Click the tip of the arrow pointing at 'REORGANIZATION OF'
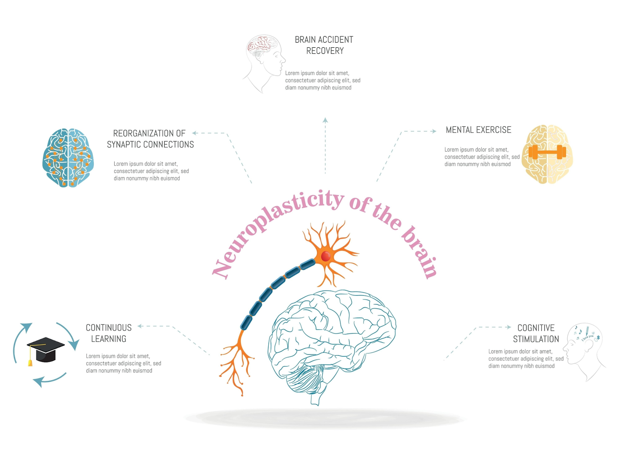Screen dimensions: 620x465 click(x=192, y=133)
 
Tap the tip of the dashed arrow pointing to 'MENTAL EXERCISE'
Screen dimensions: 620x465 click(x=436, y=131)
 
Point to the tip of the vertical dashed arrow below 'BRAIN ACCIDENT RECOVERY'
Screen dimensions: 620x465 click(x=325, y=117)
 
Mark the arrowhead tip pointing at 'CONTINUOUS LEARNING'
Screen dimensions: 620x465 click(x=138, y=326)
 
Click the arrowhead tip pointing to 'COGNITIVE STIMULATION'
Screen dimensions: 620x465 click(x=511, y=327)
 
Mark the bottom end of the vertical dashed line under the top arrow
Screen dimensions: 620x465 click(x=325, y=173)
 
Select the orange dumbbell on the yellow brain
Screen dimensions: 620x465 click(x=547, y=152)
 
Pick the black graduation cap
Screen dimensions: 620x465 click(x=45, y=349)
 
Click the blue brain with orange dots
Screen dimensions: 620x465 click(x=68, y=158)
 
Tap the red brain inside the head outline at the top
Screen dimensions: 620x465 click(x=261, y=45)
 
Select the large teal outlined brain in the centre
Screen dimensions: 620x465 click(x=332, y=346)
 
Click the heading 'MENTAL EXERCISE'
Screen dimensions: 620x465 click(x=478, y=130)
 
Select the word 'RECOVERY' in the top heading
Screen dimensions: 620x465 click(x=325, y=51)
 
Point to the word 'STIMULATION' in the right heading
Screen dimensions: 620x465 click(x=536, y=339)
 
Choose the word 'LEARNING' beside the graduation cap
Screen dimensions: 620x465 click(x=108, y=339)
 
